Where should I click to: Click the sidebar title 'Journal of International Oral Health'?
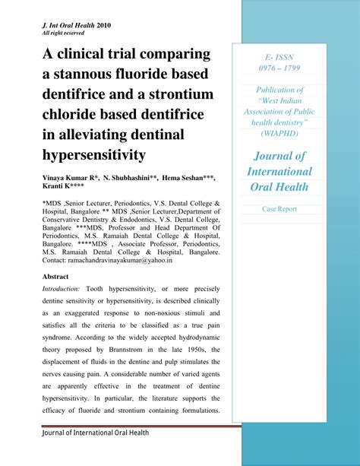279,171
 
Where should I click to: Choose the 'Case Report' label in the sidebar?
279,208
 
